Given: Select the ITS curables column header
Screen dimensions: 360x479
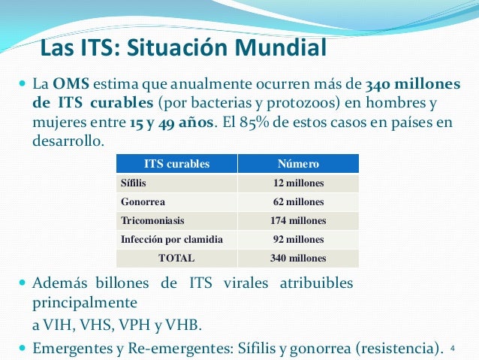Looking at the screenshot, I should (176, 164).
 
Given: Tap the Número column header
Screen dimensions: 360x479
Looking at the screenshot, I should (298, 164).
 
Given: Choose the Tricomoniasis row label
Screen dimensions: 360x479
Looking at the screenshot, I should (152, 220).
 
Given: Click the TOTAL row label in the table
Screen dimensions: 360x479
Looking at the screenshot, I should (176, 258).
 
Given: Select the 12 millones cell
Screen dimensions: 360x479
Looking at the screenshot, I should (298, 183).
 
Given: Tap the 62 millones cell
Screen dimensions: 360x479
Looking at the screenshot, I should (298, 201).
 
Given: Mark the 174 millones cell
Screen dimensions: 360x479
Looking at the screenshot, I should (298, 220).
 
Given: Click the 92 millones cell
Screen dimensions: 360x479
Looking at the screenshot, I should (298, 239).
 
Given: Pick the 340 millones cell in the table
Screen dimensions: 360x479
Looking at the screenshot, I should (298, 258).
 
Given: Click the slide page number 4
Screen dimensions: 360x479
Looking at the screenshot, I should (453, 348).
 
